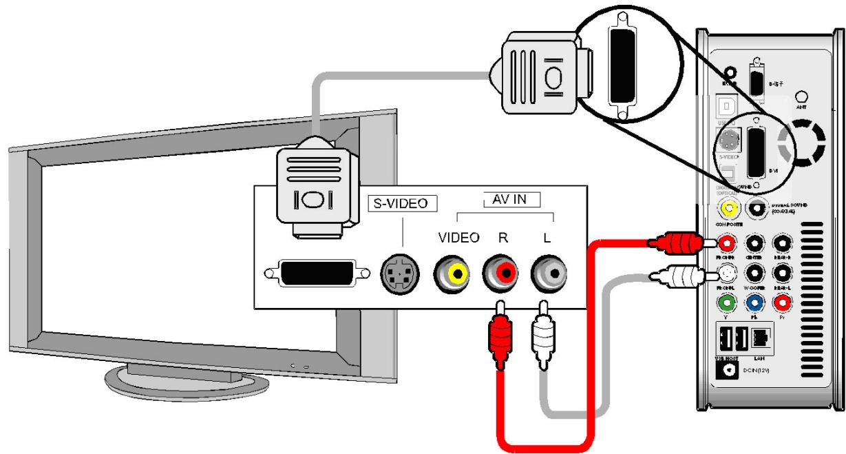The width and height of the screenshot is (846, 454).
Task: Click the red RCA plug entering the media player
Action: pos(678,243)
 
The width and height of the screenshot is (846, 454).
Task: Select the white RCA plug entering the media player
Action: pos(678,277)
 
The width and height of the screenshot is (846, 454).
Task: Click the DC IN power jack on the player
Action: pos(729,371)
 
